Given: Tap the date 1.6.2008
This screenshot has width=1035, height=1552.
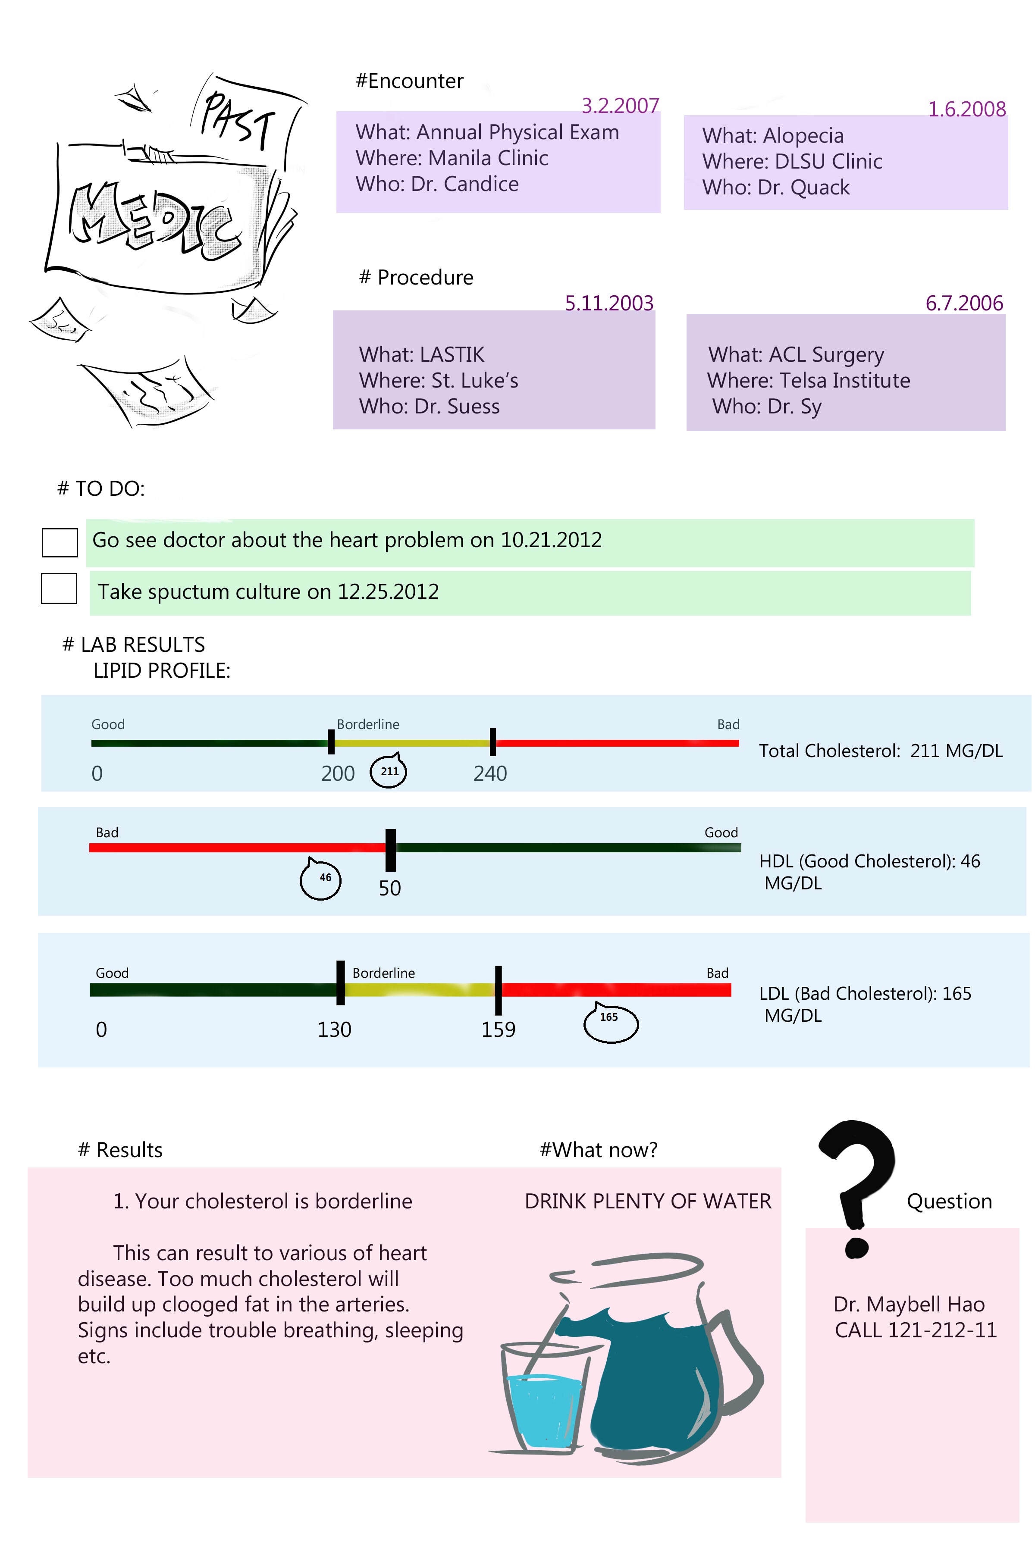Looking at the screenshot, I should [x=966, y=109].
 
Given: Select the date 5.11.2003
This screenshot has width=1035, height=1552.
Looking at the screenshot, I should [x=608, y=303].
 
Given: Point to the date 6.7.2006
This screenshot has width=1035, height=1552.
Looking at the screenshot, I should [x=964, y=303].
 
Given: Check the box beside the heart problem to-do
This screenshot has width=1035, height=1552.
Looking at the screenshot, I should [x=60, y=542].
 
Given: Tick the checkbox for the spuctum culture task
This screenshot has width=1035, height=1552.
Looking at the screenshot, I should [x=59, y=588].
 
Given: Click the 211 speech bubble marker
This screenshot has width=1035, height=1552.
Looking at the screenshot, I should [x=389, y=771].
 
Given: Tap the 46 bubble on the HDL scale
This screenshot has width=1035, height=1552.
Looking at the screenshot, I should [x=321, y=878].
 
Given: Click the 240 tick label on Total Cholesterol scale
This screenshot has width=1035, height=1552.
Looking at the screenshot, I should [x=490, y=773].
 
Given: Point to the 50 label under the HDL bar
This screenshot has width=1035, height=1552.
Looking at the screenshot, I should [x=389, y=888].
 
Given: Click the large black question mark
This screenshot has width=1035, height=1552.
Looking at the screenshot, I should [x=857, y=1181].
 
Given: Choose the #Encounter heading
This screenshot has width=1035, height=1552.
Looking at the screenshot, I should [x=409, y=81].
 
